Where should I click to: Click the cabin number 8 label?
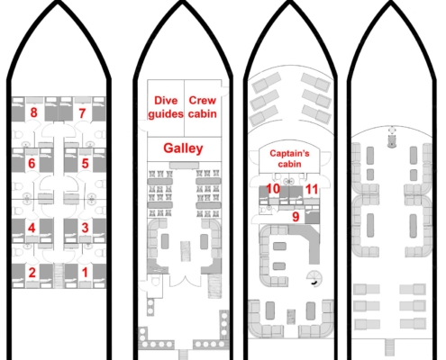33,112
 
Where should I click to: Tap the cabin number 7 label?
82,113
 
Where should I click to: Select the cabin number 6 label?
32,164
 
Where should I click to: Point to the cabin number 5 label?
86,164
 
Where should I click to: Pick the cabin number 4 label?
32,229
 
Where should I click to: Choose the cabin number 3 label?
85,228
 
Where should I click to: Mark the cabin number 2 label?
32,273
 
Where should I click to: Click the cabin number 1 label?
85,273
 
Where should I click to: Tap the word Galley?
183,148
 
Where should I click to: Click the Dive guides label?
166,107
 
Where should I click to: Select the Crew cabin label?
203,107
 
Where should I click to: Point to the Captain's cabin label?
289,158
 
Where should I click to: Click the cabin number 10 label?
273,189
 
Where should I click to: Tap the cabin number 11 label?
312,189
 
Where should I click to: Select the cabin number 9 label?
296,217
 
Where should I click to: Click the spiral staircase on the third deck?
314,278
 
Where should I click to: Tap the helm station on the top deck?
391,137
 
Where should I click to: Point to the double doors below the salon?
185,280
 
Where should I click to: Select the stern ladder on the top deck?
389,346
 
